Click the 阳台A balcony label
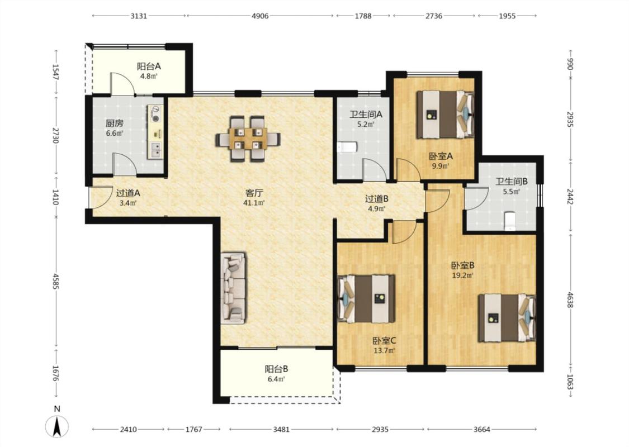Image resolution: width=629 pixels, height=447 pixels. pyautogui.click(x=149, y=66)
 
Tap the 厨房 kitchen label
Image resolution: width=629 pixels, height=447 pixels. pyautogui.click(x=114, y=123)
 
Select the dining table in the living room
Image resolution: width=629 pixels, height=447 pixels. pyautogui.click(x=248, y=139)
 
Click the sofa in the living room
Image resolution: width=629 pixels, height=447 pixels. pyautogui.click(x=233, y=287)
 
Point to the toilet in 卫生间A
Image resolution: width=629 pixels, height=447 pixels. pyautogui.click(x=347, y=147)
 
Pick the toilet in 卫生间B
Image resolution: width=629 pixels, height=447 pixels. pyautogui.click(x=509, y=221)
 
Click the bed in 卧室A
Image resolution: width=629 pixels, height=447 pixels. pyautogui.click(x=445, y=115)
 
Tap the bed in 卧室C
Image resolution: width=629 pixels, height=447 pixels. pyautogui.click(x=367, y=299)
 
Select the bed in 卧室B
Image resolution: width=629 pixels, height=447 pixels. pyautogui.click(x=507, y=318)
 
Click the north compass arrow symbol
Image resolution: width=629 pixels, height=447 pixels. pyautogui.click(x=57, y=426)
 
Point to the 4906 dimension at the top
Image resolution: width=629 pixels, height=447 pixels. pyautogui.click(x=260, y=16)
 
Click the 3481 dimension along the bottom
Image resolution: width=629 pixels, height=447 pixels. pyautogui.click(x=281, y=429)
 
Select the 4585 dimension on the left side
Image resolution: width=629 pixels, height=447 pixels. pyautogui.click(x=56, y=282)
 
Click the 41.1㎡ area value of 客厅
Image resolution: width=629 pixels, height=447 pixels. pyautogui.click(x=254, y=203)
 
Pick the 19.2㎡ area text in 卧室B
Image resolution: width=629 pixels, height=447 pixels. pyautogui.click(x=463, y=275)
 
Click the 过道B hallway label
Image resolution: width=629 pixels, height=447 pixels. pyautogui.click(x=377, y=198)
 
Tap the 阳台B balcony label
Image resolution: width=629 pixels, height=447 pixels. pyautogui.click(x=276, y=369)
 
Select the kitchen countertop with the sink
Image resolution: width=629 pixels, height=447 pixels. pyautogui.click(x=155, y=132)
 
